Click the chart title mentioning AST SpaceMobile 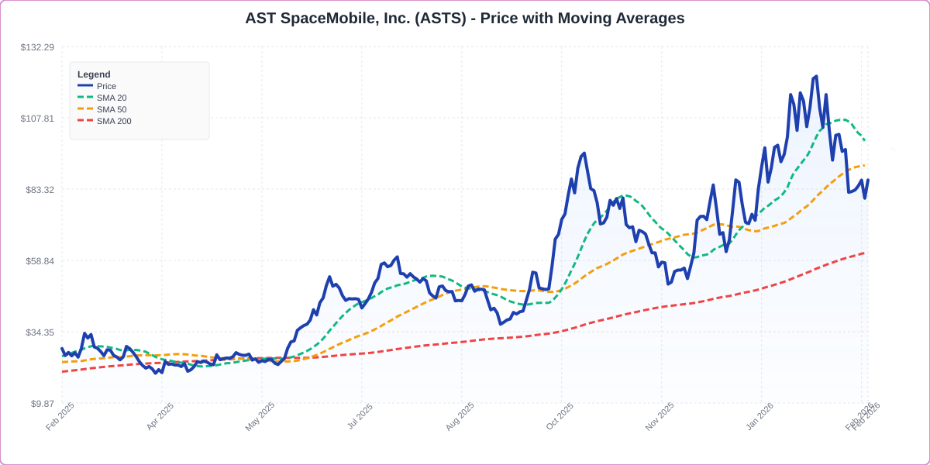click(464, 18)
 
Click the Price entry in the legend click(106, 86)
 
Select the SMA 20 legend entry click(111, 98)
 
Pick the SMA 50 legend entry click(111, 109)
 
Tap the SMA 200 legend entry click(113, 121)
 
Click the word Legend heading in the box click(94, 74)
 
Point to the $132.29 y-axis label click(37, 47)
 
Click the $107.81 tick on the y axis click(37, 119)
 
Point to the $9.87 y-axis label click(41, 404)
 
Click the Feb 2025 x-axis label click(60, 416)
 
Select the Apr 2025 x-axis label click(161, 416)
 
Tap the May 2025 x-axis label click(260, 416)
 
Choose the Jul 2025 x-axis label click(360, 416)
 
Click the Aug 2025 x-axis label click(460, 416)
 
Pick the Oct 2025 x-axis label click(560, 416)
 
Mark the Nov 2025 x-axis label click(660, 416)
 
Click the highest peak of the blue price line click(816, 77)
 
